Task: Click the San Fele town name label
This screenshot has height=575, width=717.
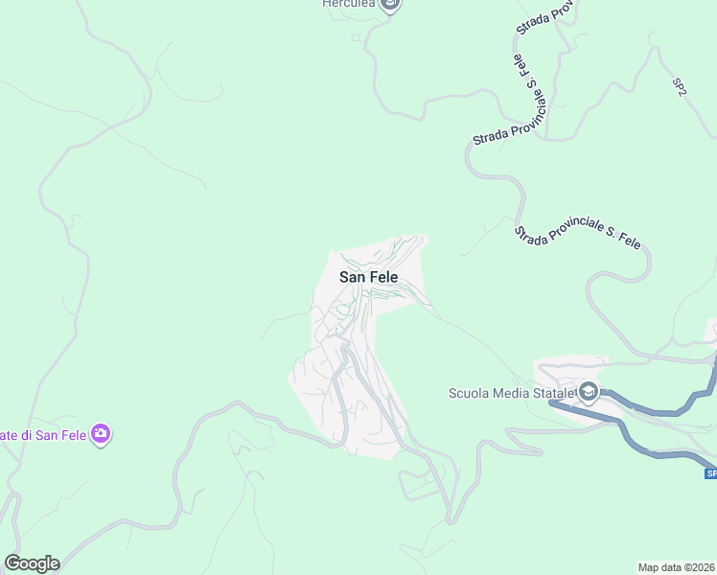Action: point(368,277)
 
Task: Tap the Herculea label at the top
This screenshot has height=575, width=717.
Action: point(347,4)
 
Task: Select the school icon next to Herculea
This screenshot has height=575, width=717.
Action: point(389,5)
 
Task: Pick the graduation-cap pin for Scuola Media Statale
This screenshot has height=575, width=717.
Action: point(588,391)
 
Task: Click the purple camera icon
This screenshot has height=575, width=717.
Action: point(102,434)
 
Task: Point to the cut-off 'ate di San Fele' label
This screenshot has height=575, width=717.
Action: point(42,435)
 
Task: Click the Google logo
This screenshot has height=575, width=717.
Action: point(32,563)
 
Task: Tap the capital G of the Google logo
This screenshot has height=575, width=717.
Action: point(12,563)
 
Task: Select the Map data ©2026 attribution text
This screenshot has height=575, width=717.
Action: point(676,567)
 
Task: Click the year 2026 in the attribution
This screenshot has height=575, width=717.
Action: point(702,567)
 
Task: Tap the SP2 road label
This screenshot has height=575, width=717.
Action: point(680,86)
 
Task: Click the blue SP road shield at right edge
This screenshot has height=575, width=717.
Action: point(710,473)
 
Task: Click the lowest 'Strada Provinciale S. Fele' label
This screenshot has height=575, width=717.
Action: point(577,234)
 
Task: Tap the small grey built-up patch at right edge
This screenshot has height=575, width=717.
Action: point(712,331)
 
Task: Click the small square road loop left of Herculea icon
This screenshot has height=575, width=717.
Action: point(357,37)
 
